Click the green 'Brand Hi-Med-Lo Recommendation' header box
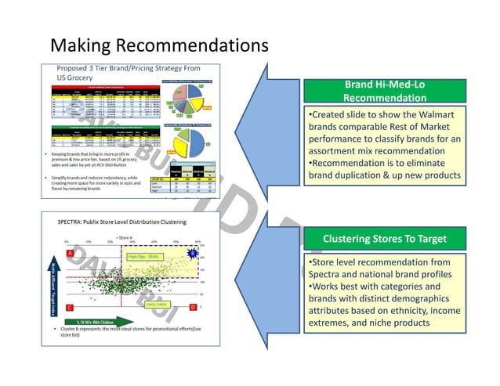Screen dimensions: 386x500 click(384, 91)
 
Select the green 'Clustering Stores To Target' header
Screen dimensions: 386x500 click(384, 238)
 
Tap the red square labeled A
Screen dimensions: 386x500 click(71, 253)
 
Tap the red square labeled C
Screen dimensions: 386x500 click(71, 308)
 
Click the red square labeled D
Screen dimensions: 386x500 click(193, 308)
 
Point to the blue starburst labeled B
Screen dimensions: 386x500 click(190, 253)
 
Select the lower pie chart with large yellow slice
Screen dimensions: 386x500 click(199, 141)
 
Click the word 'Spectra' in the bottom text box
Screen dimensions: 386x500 click(327, 275)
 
